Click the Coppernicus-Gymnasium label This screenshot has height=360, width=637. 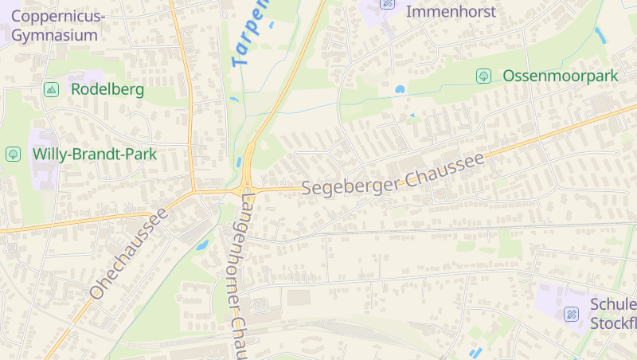(58, 25)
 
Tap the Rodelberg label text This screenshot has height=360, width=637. (107, 89)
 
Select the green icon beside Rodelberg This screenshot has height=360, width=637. (52, 89)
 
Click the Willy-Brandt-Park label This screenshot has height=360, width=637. (94, 154)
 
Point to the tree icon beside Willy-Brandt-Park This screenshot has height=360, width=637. (13, 154)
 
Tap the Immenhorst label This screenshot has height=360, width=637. (451, 12)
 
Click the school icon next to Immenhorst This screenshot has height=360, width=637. (388, 3)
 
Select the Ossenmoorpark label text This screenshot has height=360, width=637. (560, 76)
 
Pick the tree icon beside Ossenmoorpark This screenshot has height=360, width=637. (483, 76)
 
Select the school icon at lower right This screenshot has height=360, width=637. (571, 314)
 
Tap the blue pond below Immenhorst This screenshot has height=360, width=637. (400, 89)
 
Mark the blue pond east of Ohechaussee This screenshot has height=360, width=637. (202, 245)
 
